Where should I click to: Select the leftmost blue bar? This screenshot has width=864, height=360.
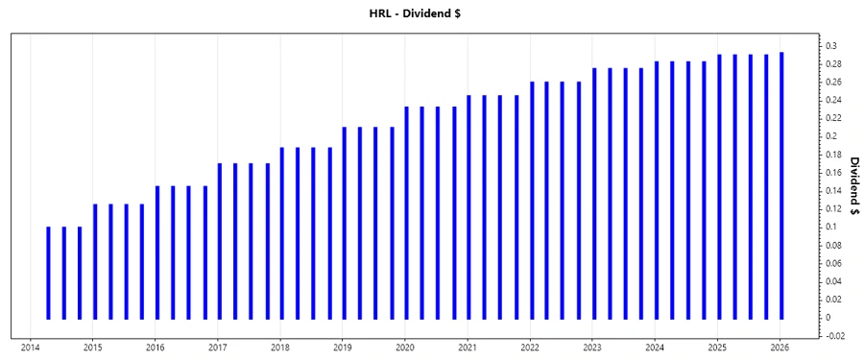pos(48,273)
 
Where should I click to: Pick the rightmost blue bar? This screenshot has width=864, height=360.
pos(781,185)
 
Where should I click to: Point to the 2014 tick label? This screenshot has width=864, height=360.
pos(29,348)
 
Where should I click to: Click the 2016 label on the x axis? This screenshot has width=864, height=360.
pos(155,348)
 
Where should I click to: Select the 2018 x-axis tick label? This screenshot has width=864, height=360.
pos(279,348)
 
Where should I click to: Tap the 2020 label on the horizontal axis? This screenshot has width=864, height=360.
pos(404,348)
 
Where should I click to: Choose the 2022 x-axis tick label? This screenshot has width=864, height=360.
pos(530,348)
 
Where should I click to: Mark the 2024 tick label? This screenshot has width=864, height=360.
pos(655,348)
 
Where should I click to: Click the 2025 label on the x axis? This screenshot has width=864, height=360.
pos(717,348)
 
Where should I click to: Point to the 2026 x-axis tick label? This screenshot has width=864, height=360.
pos(780,348)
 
